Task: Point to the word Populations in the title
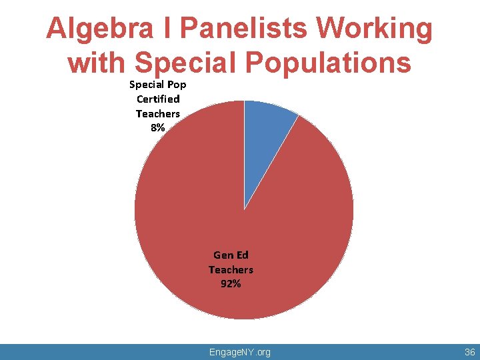[x=331, y=63]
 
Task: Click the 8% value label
[x=158, y=128]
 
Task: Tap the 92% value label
[x=231, y=284]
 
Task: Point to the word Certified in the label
[x=158, y=99]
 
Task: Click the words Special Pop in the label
[x=158, y=85]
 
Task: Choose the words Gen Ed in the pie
[x=231, y=255]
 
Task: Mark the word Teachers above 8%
[x=158, y=113]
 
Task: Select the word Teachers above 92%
[x=231, y=269]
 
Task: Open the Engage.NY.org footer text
[x=240, y=351]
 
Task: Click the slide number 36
[x=469, y=351]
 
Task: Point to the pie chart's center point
[x=244, y=210]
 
